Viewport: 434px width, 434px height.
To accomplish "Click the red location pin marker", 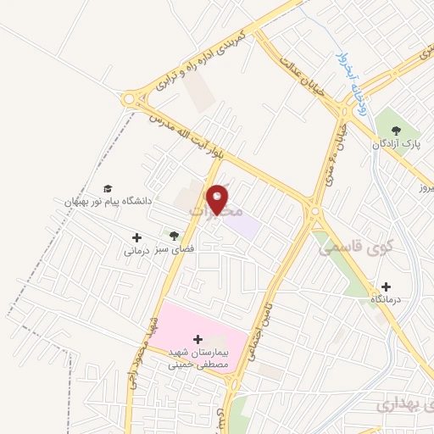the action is pos(219,198).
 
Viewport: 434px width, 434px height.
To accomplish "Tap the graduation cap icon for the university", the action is pos(108,188).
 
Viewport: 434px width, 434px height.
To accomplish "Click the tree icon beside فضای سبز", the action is pos(174,236).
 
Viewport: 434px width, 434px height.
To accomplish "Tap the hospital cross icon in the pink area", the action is pos(198,339).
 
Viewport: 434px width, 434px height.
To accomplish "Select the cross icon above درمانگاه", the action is pos(387,287).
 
